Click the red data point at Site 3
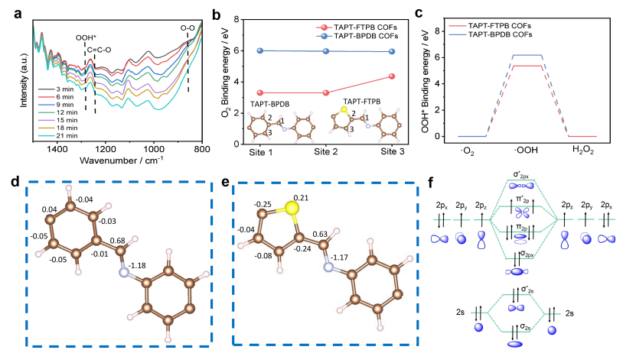tap(392, 76)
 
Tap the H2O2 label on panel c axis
tap(585, 151)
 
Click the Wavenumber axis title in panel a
tap(115, 163)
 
